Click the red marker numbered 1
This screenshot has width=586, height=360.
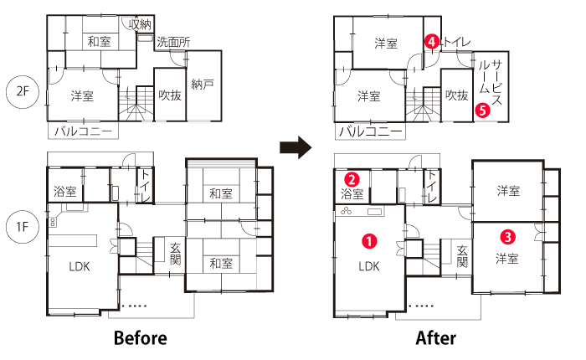(x=369, y=241)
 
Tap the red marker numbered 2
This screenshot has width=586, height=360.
(x=352, y=179)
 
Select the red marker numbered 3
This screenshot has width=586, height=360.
(x=508, y=237)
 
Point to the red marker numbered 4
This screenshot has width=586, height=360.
(x=432, y=41)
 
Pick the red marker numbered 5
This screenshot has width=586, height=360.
(x=483, y=111)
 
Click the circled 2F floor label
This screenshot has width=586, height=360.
(x=23, y=91)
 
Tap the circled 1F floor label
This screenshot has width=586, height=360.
(x=23, y=227)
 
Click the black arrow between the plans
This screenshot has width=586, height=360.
(x=296, y=147)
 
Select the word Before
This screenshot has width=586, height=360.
(x=141, y=338)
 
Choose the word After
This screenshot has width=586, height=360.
(x=436, y=338)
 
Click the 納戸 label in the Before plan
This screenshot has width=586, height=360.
(x=203, y=84)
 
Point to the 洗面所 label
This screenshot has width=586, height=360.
(x=173, y=42)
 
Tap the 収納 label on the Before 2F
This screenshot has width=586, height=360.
(x=140, y=24)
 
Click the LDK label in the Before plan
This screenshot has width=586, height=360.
(x=80, y=266)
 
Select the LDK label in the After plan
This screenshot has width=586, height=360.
(x=369, y=266)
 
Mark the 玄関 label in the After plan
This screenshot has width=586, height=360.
(x=462, y=256)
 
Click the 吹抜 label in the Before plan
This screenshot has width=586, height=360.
(x=170, y=95)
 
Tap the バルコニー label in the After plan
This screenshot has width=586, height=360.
(x=370, y=131)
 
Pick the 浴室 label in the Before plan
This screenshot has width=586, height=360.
(x=65, y=192)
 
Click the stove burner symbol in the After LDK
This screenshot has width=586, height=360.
(x=346, y=211)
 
